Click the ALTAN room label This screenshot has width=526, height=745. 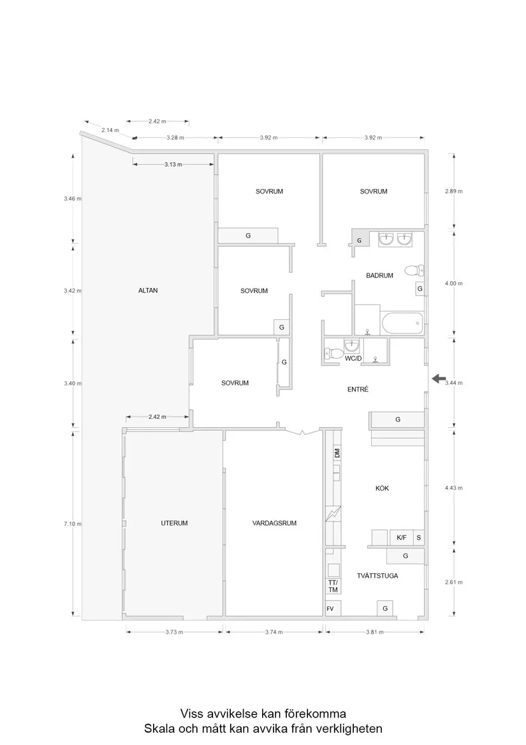148,290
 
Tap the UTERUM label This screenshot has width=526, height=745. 174,523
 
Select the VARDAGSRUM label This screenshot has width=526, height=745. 274,523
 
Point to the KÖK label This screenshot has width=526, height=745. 382,488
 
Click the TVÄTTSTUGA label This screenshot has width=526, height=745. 377,576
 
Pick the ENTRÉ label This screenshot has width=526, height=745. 358,389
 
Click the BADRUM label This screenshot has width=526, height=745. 379,276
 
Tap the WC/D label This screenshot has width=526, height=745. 353,358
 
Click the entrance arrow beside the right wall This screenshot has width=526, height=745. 439,379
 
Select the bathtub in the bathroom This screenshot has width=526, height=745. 402,323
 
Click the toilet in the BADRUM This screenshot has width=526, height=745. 414,271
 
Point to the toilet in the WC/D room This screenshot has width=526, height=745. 334,353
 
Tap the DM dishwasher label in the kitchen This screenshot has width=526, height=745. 337,453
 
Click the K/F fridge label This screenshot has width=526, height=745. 402,538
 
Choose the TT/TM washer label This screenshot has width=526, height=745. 333,586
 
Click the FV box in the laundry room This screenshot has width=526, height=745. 330,608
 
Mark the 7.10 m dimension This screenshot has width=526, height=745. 73,524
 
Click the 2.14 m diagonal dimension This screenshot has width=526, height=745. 110,130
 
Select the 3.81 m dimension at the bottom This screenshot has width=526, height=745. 374,632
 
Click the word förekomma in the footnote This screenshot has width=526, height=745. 315,714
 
